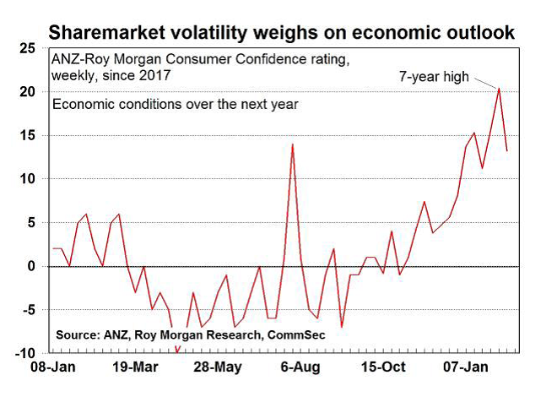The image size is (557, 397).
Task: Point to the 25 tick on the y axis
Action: (x=30, y=48)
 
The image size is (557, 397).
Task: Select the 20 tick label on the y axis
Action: (x=30, y=91)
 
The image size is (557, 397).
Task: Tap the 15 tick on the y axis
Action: (x=30, y=135)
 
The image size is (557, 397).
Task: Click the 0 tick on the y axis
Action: (x=33, y=266)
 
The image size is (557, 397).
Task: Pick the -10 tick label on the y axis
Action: (x=27, y=353)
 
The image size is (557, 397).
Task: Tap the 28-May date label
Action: (x=217, y=368)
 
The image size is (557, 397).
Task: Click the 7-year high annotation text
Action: (x=434, y=77)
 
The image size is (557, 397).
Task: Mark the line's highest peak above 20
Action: (x=499, y=88)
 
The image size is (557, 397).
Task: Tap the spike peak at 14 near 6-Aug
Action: (x=292, y=144)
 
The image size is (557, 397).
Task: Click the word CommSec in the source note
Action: (x=295, y=335)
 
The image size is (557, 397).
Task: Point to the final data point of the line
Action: (x=506, y=150)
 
